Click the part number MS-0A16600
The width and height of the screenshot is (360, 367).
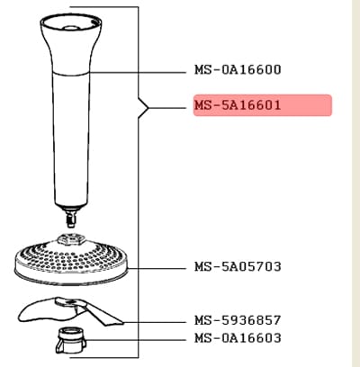(x=238, y=70)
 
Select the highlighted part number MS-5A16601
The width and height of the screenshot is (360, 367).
(x=238, y=105)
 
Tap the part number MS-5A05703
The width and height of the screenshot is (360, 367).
(x=238, y=266)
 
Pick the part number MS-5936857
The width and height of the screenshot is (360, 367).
(x=238, y=320)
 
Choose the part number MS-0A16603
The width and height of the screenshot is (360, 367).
(x=238, y=338)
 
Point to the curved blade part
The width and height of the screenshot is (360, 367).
(x=70, y=312)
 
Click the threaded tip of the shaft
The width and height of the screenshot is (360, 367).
(x=71, y=220)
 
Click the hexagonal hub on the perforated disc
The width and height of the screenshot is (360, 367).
(x=71, y=240)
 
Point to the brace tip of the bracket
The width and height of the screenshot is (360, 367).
(x=148, y=108)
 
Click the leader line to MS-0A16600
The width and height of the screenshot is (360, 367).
(x=138, y=73)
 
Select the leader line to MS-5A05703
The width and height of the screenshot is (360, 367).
(x=157, y=268)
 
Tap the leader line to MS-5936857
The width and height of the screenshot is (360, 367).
(x=155, y=322)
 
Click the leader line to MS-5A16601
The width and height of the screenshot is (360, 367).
(x=167, y=108)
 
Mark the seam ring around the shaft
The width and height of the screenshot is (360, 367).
(x=71, y=74)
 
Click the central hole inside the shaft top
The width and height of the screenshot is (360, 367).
(x=71, y=28)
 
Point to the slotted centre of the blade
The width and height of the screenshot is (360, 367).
(x=68, y=302)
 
